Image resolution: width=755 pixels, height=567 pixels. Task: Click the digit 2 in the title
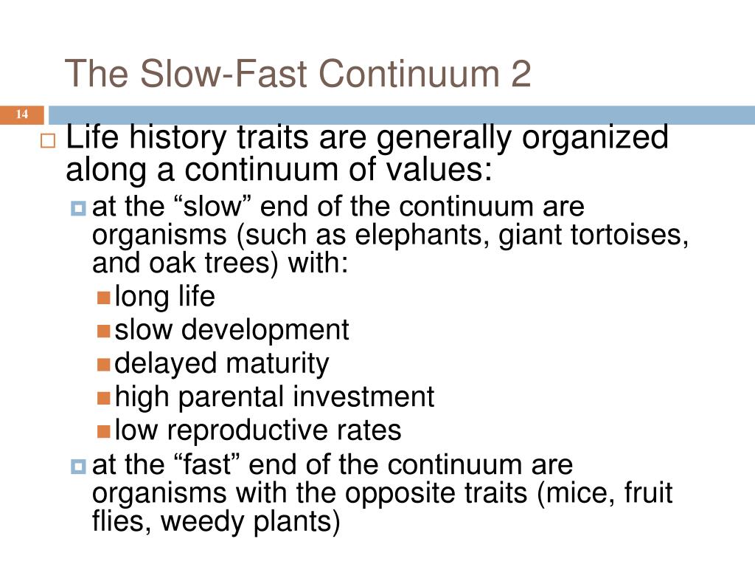(x=520, y=75)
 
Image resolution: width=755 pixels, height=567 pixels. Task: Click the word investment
(x=364, y=397)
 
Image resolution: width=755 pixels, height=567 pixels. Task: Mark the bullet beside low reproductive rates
(x=104, y=430)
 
